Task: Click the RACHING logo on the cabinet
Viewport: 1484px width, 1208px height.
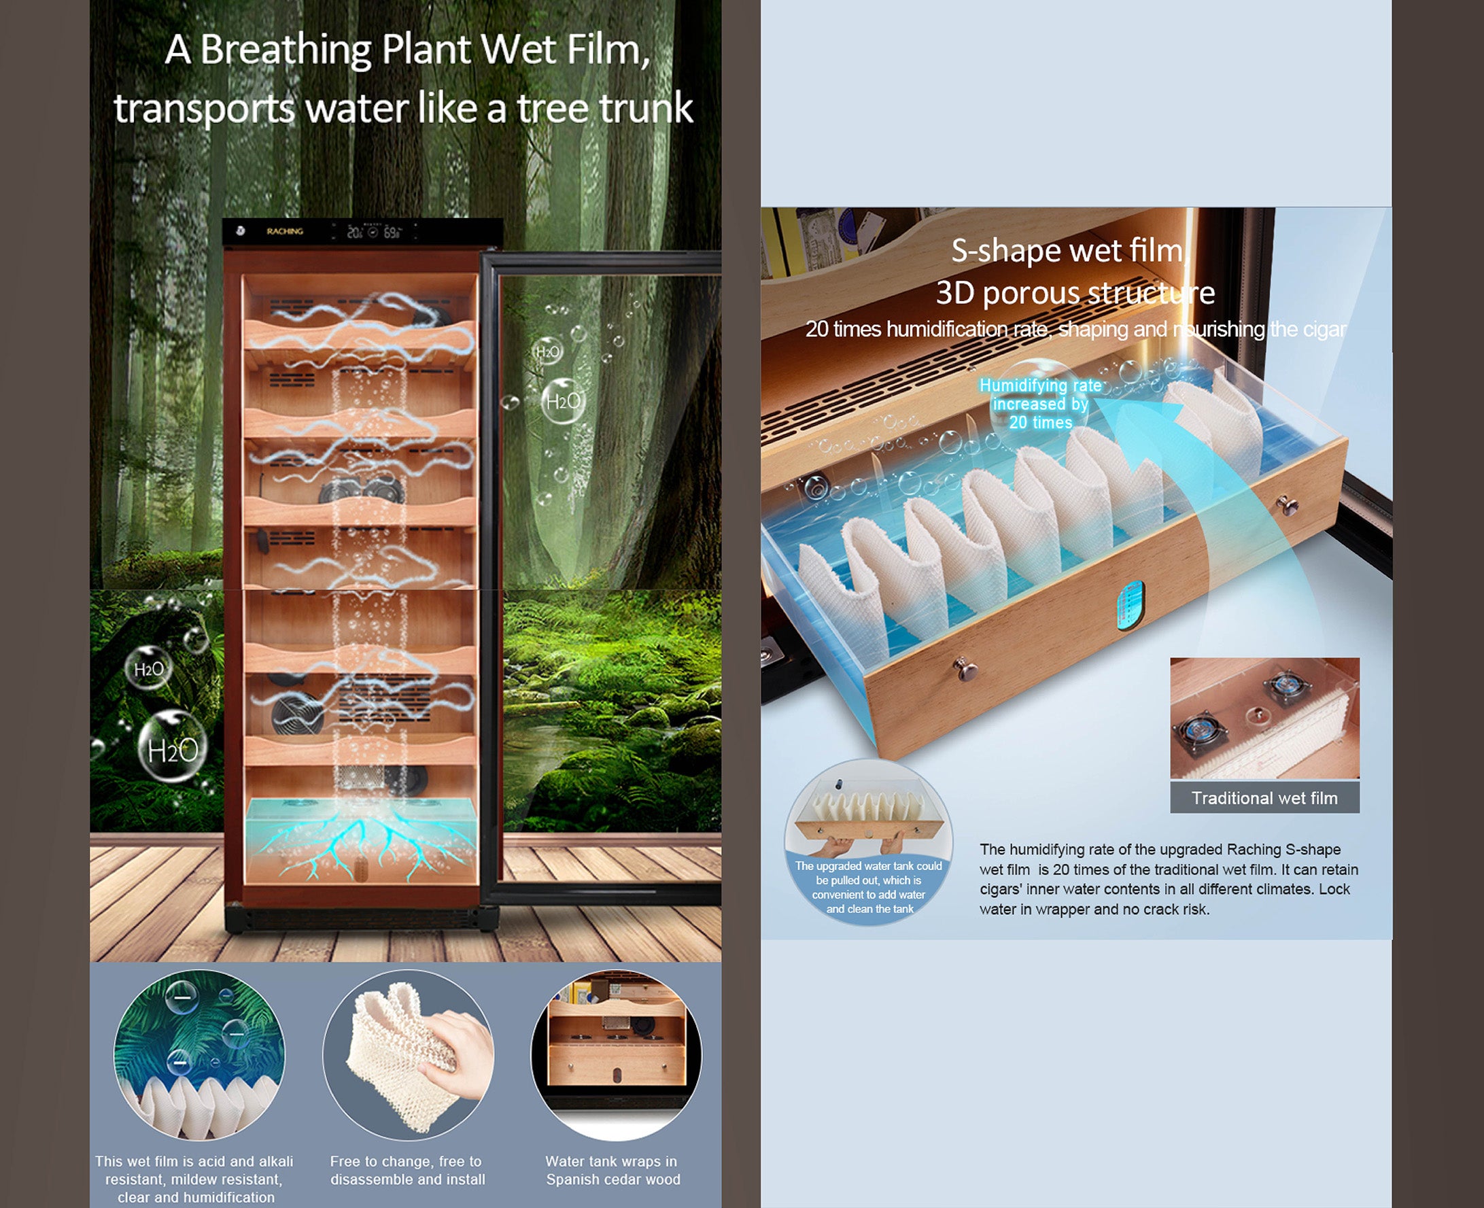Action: point(285,231)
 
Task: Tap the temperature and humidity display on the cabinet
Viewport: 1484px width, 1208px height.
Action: point(375,232)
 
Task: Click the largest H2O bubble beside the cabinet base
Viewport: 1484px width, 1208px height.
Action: point(173,748)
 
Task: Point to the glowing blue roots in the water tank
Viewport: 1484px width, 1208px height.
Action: point(362,843)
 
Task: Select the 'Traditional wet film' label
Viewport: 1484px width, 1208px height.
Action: point(1265,797)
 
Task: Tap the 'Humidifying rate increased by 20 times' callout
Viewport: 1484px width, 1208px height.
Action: point(1041,404)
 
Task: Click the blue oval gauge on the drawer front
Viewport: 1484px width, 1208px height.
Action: point(1131,606)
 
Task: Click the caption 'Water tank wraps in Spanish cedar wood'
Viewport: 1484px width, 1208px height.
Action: point(613,1170)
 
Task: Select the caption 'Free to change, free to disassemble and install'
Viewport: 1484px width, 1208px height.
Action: point(408,1170)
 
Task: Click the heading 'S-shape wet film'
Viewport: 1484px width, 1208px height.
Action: point(1067,251)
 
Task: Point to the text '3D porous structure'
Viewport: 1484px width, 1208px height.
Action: point(1075,293)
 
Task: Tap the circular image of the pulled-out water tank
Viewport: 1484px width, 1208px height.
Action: point(868,842)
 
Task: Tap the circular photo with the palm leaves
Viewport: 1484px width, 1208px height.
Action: point(199,1055)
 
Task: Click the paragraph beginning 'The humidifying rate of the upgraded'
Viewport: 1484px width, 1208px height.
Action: point(1168,879)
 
